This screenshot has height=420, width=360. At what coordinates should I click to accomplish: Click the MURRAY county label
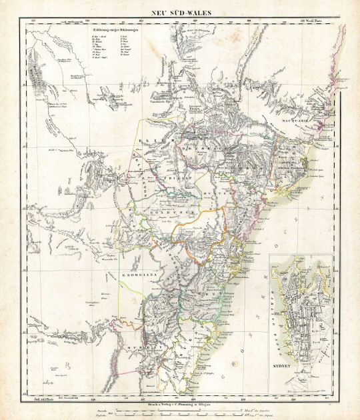click(x=153, y=347)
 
